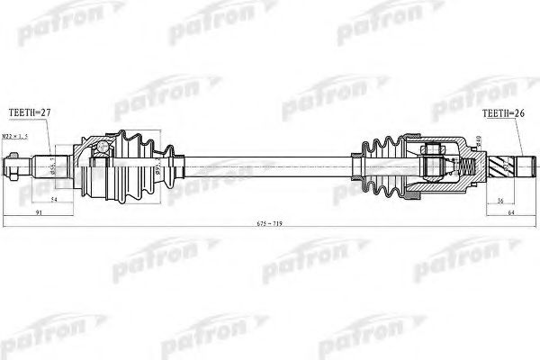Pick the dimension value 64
[509, 213]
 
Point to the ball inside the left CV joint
[101, 148]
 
